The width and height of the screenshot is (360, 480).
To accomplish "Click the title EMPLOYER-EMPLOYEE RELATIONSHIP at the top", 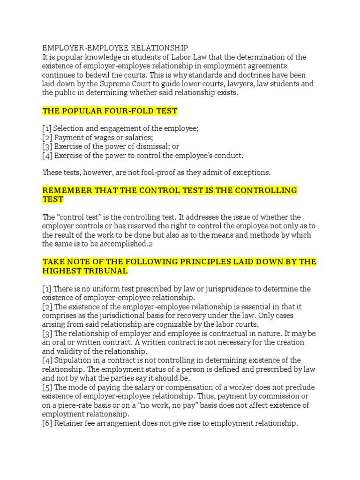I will [x=115, y=48].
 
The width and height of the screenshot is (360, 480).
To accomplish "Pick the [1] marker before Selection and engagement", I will [x=47, y=129].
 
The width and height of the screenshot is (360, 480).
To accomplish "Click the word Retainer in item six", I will [x=69, y=423].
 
